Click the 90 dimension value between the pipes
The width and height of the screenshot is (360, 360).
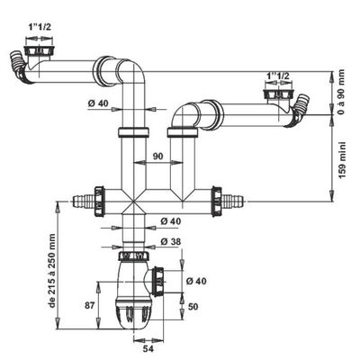click(x=157, y=157)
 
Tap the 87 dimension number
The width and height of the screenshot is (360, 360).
click(x=89, y=305)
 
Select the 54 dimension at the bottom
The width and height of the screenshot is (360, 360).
click(x=148, y=349)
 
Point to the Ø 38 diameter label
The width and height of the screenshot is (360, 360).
click(x=171, y=241)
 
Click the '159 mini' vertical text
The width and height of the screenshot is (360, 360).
click(x=343, y=159)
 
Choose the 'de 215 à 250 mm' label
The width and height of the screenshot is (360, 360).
click(x=52, y=270)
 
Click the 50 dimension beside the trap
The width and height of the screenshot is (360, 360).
click(x=193, y=307)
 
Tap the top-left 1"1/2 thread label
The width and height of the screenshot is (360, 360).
click(x=40, y=27)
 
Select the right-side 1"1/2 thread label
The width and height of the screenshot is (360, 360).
click(x=278, y=76)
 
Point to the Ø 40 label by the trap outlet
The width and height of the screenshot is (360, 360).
click(x=196, y=281)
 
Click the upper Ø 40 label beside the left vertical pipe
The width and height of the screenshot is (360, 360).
click(x=98, y=103)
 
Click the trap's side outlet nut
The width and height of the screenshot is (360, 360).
click(x=158, y=280)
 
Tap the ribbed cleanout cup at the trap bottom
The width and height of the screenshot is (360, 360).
click(x=133, y=314)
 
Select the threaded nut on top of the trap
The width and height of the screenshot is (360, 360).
click(x=134, y=256)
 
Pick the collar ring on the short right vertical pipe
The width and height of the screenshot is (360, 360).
click(x=182, y=132)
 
